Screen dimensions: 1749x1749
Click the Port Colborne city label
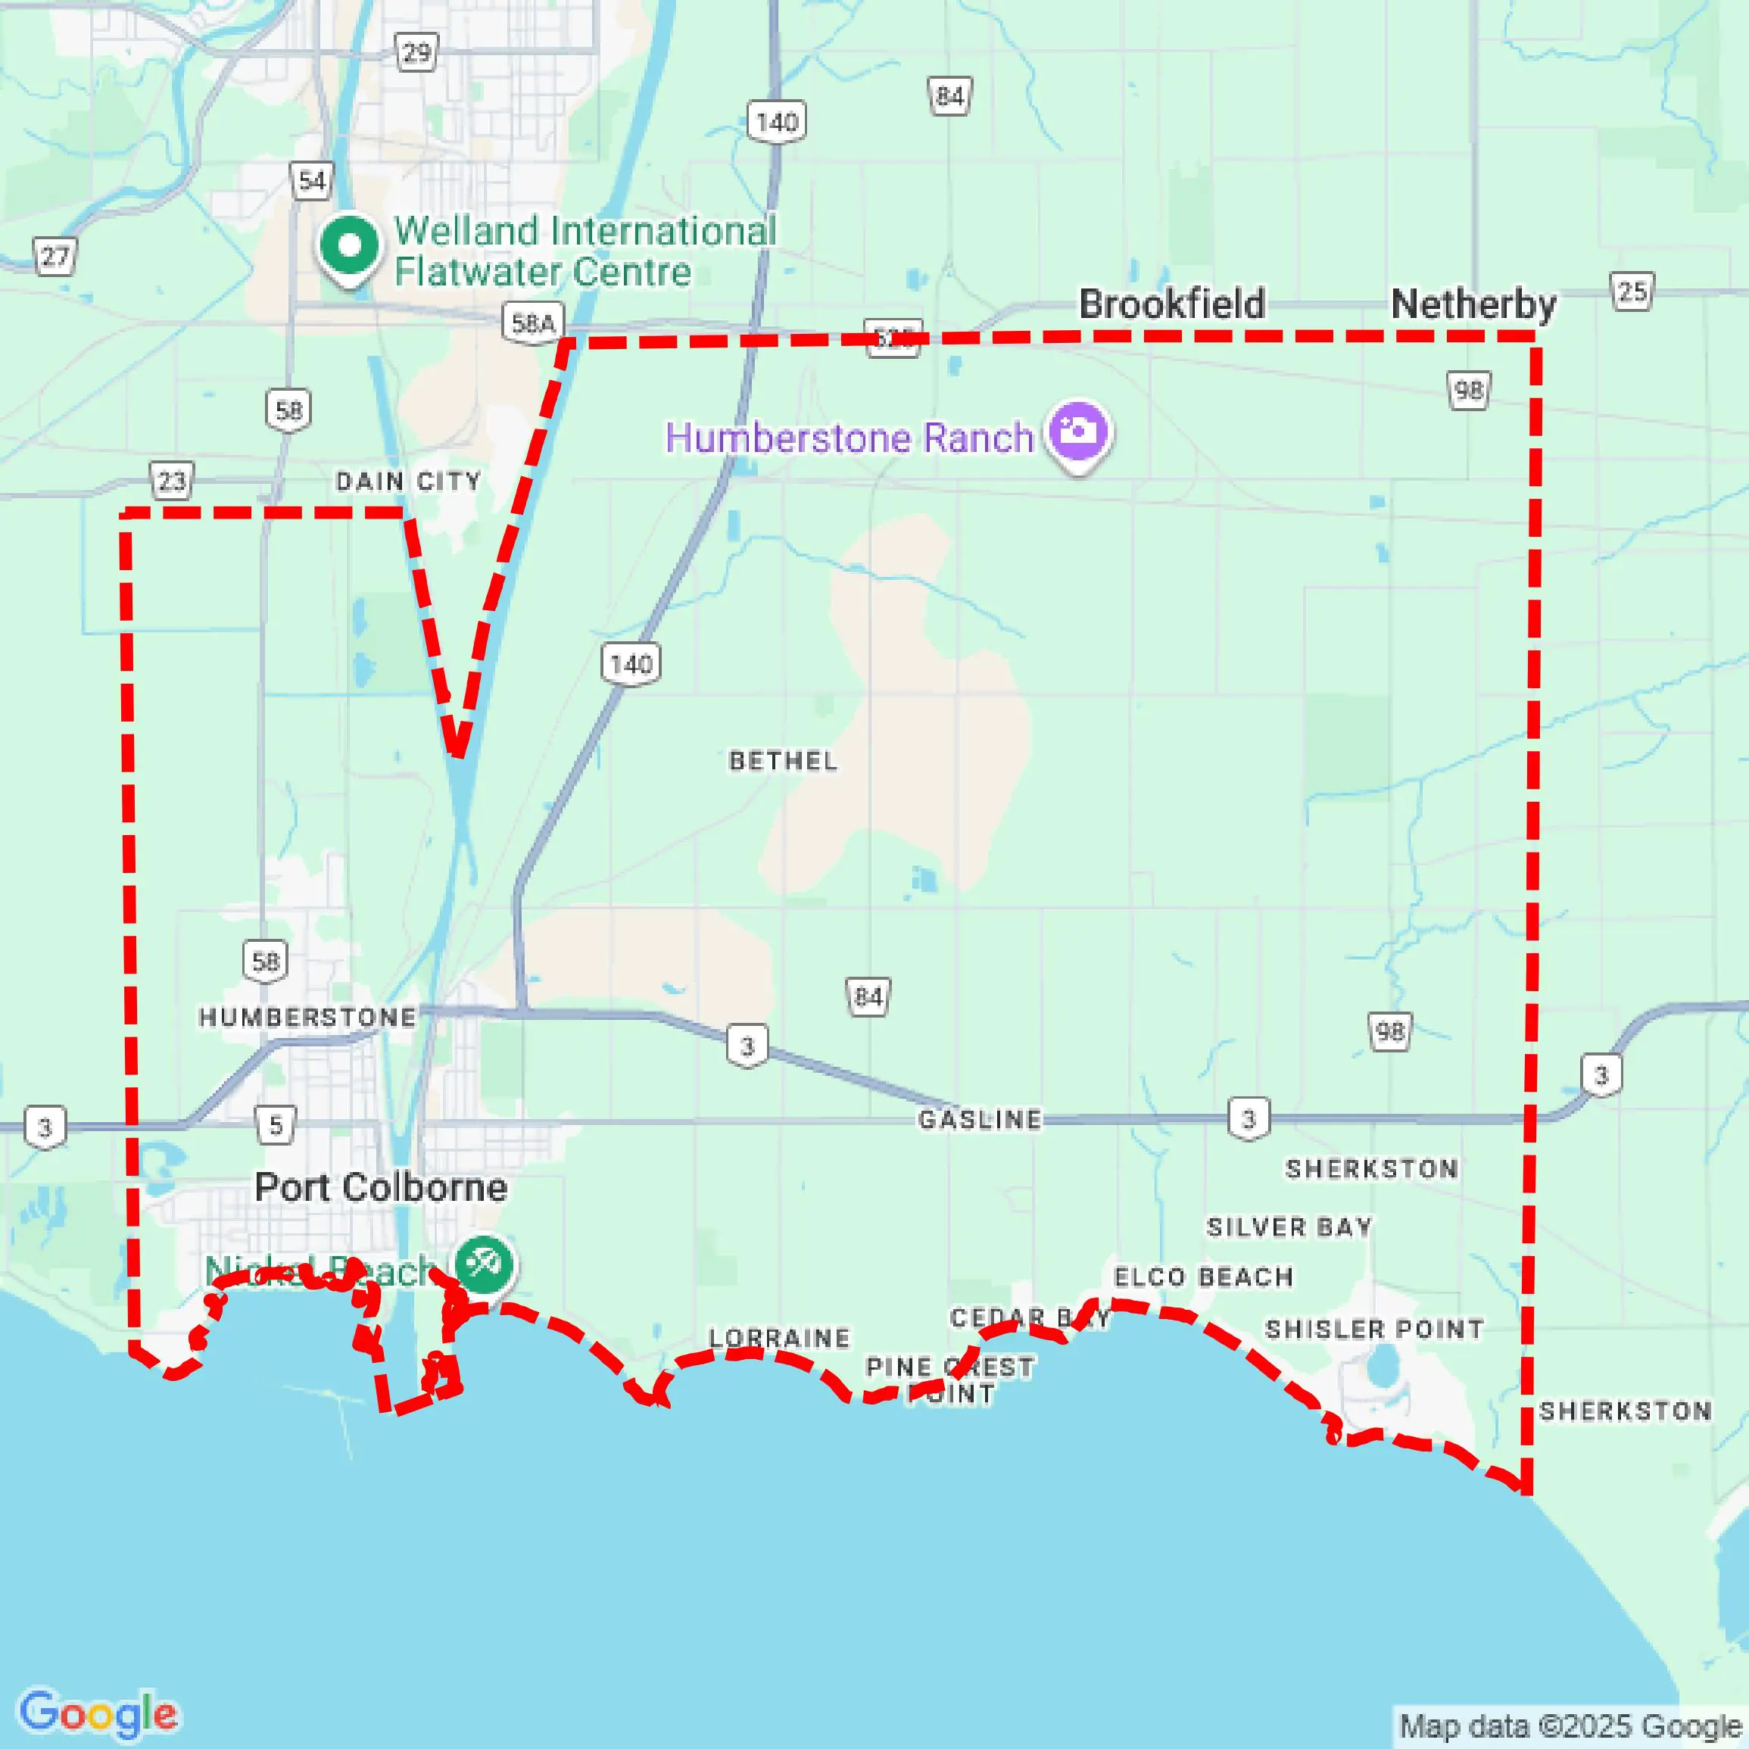pos(380,1187)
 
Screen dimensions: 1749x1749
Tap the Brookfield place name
pos(1171,304)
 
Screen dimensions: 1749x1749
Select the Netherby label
pos(1473,304)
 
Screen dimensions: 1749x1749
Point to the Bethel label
pos(783,760)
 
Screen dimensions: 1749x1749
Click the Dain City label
pos(408,481)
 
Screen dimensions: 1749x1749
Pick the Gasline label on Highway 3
pos(980,1120)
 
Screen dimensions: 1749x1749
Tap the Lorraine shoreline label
pos(779,1338)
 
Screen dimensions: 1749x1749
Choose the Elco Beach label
pos(1203,1277)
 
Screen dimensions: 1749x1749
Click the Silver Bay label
pos(1289,1227)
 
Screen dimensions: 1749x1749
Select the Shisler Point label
pos(1374,1329)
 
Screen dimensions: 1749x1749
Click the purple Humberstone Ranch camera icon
pos(1077,432)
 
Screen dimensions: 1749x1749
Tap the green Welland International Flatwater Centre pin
pos(350,245)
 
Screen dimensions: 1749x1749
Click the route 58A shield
pos(533,323)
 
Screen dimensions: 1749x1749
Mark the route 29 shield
pos(416,52)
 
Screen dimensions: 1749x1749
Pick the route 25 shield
pos(1632,291)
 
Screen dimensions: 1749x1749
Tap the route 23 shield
pos(171,481)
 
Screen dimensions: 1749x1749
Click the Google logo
pos(98,1713)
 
